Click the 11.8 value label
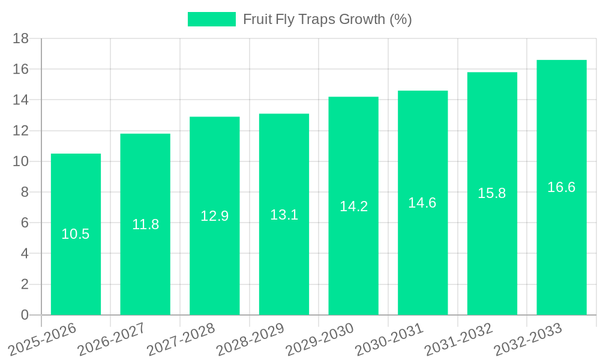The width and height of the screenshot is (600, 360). [145, 224]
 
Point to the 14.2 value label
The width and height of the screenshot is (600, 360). [353, 206]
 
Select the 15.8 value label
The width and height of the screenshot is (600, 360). [492, 193]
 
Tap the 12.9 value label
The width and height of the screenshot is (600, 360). [214, 216]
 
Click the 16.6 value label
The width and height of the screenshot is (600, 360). [562, 187]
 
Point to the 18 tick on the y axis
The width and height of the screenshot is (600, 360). [21, 39]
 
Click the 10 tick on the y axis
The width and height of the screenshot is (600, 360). [21, 161]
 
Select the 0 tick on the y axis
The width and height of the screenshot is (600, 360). [25, 315]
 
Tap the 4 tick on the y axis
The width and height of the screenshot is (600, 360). [25, 254]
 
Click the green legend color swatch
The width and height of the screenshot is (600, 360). [211, 19]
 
